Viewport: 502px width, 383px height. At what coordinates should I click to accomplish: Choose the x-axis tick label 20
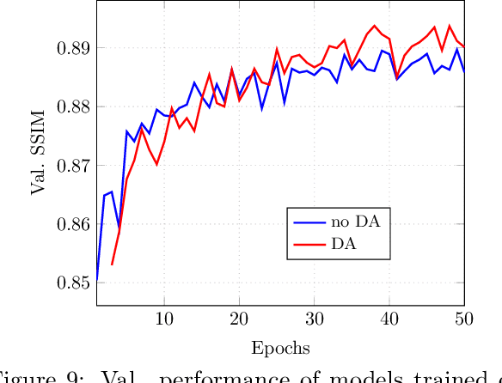pos(239,318)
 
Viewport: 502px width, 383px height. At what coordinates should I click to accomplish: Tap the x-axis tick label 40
pos(389,318)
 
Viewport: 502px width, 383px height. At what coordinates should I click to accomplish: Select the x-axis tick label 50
pos(464,318)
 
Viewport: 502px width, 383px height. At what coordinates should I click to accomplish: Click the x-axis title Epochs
pos(280,348)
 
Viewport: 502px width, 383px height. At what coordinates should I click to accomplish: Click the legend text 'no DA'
pos(354,222)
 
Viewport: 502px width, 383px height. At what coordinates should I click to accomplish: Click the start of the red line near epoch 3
pos(112,264)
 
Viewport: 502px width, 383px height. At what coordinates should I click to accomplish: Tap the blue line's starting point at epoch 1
pos(96,281)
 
